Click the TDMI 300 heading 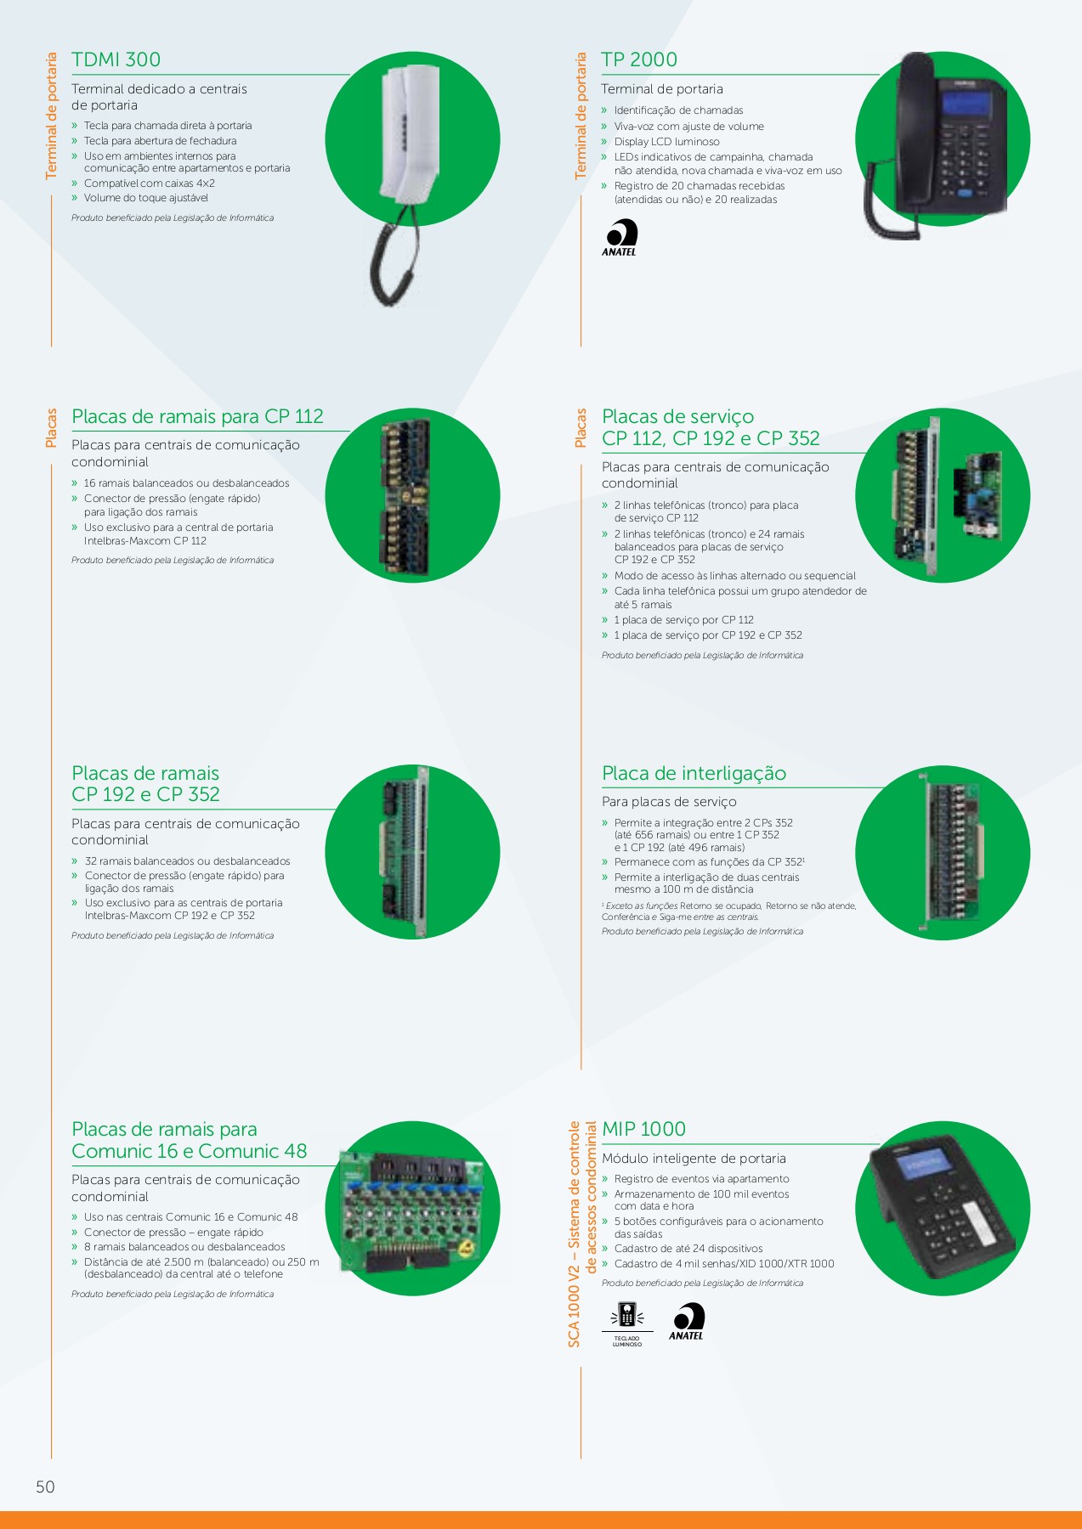tap(116, 59)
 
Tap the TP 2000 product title tap(639, 59)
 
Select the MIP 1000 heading tap(643, 1129)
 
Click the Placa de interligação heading tap(694, 773)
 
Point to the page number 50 tap(45, 1487)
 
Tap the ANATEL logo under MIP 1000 tap(687, 1322)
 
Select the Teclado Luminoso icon tap(627, 1324)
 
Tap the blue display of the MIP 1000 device tap(925, 1165)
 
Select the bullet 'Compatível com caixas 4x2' tap(149, 183)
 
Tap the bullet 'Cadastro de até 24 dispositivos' tap(688, 1249)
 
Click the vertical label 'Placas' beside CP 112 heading tap(52, 428)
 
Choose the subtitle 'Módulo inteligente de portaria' tap(694, 1159)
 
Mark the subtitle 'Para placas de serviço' tap(669, 802)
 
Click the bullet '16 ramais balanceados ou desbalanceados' tap(186, 483)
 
